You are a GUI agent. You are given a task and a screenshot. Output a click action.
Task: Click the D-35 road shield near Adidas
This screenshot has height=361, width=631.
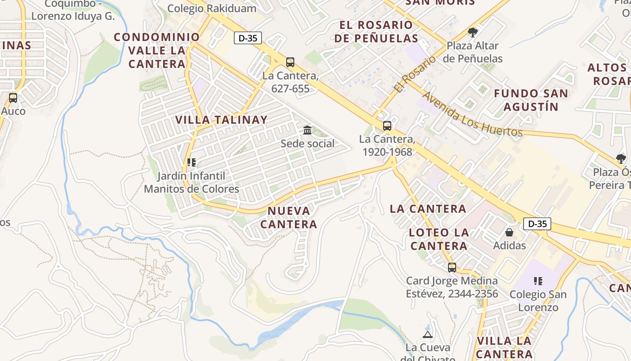coord(537,223)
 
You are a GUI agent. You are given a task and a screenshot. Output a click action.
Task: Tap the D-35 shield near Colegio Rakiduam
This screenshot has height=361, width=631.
coord(247,38)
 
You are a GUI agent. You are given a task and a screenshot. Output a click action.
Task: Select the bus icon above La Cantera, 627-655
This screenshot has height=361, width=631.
coord(290,62)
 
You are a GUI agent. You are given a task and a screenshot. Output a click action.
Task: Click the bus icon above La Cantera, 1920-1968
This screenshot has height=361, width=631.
coord(387,126)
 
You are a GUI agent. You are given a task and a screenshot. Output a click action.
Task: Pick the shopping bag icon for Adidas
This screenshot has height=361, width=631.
coord(509,232)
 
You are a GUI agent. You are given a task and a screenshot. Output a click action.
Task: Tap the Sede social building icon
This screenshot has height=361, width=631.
coord(307,130)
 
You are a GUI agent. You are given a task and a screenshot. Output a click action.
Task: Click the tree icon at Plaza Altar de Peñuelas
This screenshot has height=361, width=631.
coord(472,32)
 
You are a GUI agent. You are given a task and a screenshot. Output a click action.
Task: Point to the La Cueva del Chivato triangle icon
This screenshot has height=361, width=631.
coord(428,334)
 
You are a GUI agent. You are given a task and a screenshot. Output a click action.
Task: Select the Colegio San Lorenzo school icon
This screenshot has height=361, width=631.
coord(538,281)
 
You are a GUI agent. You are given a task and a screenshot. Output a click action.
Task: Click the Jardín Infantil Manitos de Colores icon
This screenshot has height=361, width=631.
coord(192,162)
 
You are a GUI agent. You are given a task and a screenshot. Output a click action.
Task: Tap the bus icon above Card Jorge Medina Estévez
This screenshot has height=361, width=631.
coord(452,268)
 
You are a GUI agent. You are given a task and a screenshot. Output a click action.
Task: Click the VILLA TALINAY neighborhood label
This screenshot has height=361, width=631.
coord(221,120)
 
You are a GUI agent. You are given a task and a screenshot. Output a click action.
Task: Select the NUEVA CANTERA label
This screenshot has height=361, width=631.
coord(289,218)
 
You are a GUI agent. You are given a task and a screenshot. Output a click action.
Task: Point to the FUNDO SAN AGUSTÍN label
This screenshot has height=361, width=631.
coord(531,100)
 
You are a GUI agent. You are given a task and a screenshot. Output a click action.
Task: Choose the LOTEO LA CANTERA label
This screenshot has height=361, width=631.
coord(439,239)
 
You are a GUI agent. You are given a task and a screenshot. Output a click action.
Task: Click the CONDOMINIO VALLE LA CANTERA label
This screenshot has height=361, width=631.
coord(157,50)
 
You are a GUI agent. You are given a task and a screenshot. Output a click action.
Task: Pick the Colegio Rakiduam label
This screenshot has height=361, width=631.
coord(212,8)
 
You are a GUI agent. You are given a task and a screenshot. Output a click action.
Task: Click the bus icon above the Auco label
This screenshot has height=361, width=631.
coord(13,98)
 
